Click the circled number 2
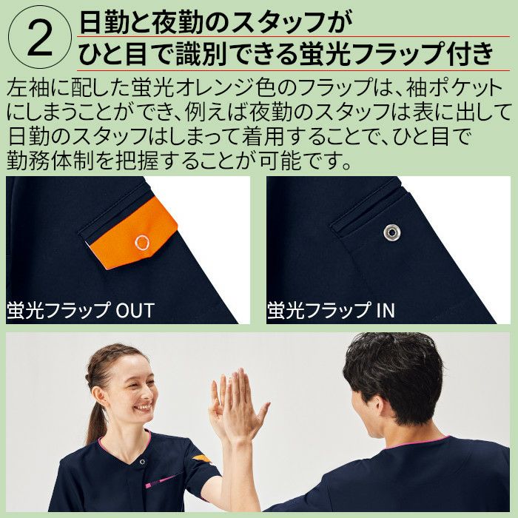click(x=40, y=38)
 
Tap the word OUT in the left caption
click(x=135, y=310)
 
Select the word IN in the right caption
click(x=386, y=310)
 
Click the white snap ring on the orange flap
click(x=142, y=243)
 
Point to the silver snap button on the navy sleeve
click(x=391, y=232)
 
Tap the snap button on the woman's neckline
click(x=142, y=462)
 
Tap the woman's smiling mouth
click(x=143, y=407)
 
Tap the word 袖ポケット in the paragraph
click(x=454, y=88)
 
